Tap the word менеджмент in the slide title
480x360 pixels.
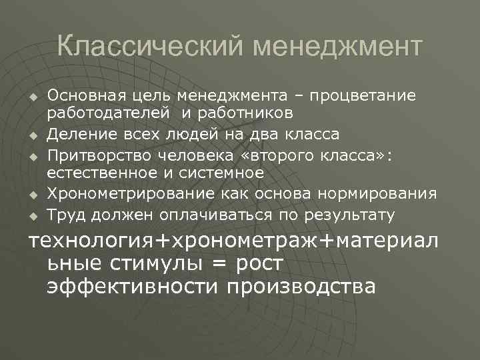pyautogui.click(x=338, y=48)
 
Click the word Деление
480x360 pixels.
pyautogui.click(x=79, y=135)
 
